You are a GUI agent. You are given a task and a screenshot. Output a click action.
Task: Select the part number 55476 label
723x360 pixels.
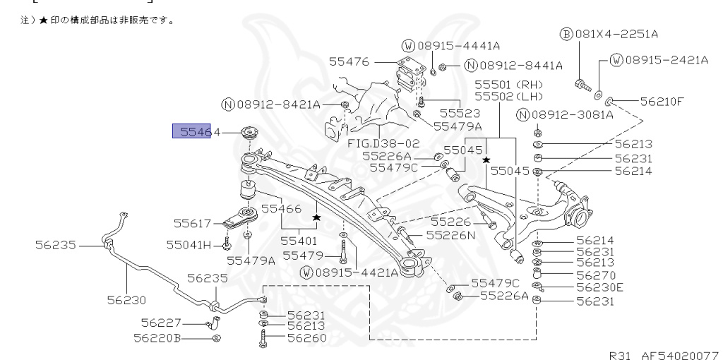pyautogui.click(x=349, y=62)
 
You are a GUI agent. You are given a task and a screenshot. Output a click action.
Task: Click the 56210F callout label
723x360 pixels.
pyautogui.click(x=662, y=101)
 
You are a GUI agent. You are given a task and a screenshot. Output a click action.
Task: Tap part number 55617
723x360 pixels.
pyautogui.click(x=193, y=223)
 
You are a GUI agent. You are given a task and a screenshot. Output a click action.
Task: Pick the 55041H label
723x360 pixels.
pyautogui.click(x=189, y=245)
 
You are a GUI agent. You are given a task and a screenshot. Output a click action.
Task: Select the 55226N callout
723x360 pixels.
pyautogui.click(x=448, y=236)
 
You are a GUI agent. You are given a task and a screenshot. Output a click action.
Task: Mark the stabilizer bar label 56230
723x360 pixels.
pyautogui.click(x=126, y=299)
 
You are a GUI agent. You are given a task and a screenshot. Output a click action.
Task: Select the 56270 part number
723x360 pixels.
pyautogui.click(x=595, y=275)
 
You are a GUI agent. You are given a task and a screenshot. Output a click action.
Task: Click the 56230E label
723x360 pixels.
pyautogui.click(x=599, y=287)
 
